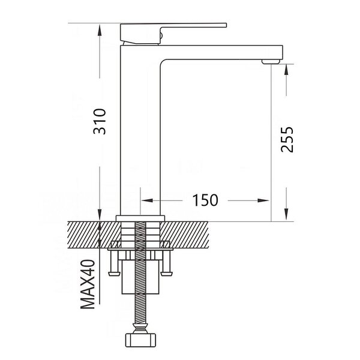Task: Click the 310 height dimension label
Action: point(100,122)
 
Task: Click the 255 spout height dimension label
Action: point(287,140)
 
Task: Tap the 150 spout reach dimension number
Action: point(205,200)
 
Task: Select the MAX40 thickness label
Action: point(88,284)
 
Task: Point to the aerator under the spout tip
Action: point(271,62)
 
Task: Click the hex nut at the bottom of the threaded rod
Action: point(140,340)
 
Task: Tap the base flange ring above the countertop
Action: point(140,218)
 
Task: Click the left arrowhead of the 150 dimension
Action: point(147,200)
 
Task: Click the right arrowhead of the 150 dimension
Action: point(263,200)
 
